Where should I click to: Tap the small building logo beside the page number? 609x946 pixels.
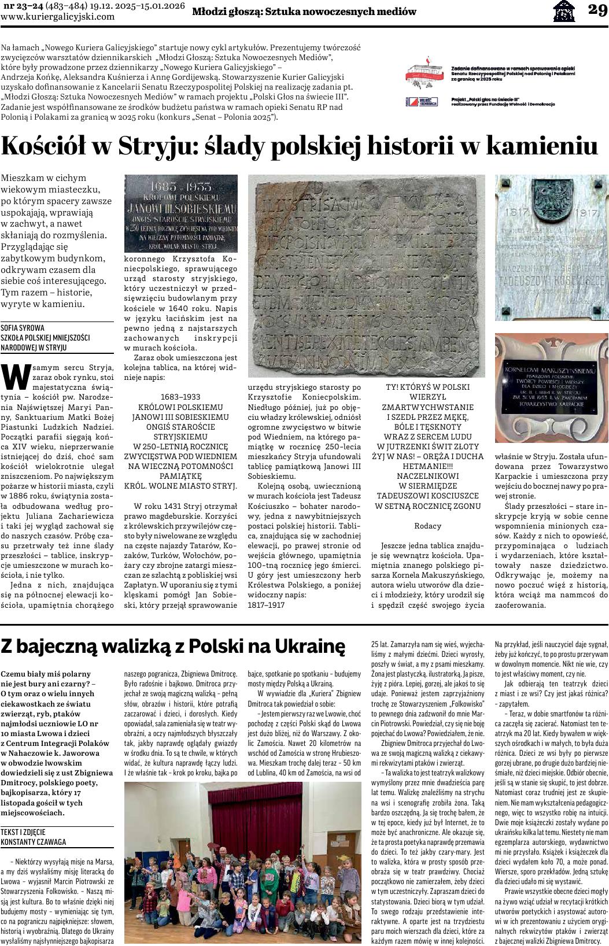(564, 11)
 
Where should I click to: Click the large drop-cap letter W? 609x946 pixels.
(16, 377)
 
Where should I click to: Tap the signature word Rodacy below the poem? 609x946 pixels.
(427, 526)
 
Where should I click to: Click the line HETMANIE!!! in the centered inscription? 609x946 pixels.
(427, 466)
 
